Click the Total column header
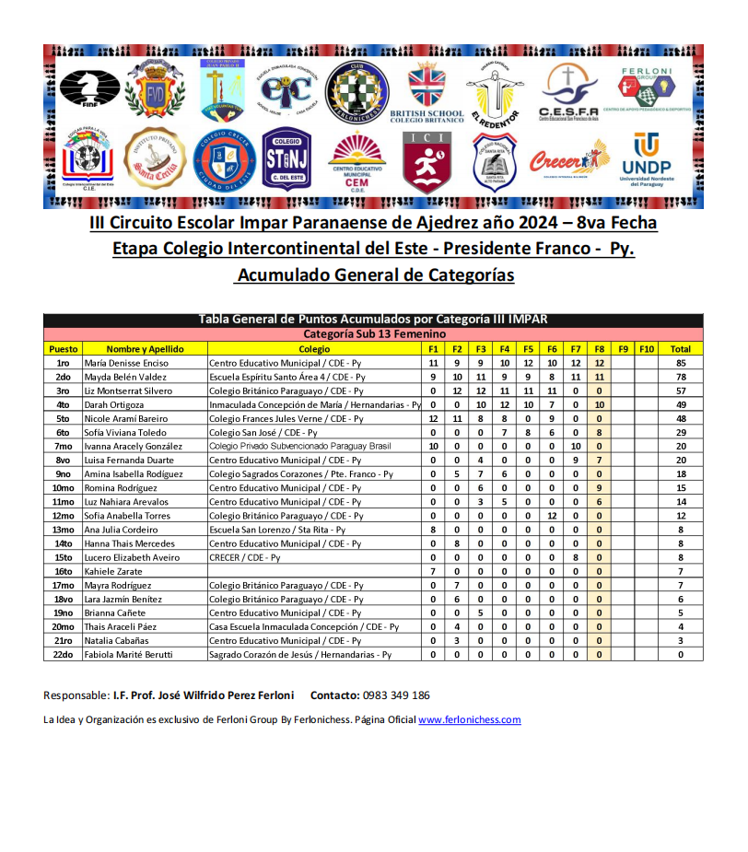[681, 349]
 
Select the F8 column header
[599, 349]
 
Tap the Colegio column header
[314, 349]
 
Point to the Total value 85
[681, 363]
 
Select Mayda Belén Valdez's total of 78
[681, 377]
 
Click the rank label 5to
[63, 418]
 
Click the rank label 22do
[63, 654]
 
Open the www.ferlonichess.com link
[470, 719]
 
